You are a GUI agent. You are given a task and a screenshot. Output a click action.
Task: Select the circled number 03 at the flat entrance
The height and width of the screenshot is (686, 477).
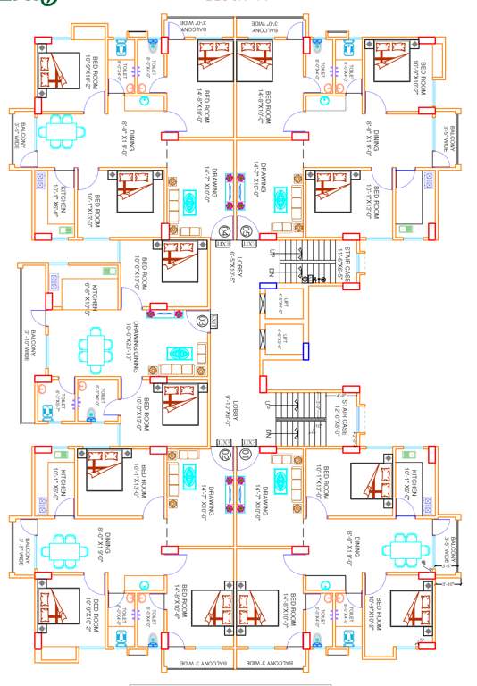(203, 320)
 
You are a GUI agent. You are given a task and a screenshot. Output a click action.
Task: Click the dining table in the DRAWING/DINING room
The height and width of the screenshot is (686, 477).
(96, 349)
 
